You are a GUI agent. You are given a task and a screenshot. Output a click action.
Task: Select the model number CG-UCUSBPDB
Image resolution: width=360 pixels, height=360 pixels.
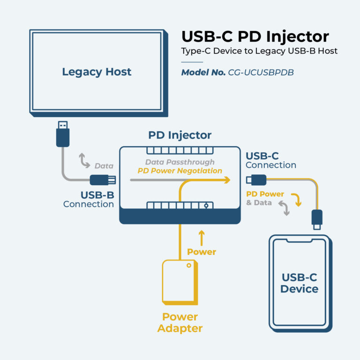click(x=261, y=73)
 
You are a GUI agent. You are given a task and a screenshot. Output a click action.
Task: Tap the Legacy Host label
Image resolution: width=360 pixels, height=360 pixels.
click(x=97, y=72)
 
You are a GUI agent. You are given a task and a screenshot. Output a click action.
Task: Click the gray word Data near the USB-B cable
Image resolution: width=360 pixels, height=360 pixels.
click(x=104, y=165)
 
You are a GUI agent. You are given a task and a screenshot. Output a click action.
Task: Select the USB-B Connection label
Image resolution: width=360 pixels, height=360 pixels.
click(x=89, y=199)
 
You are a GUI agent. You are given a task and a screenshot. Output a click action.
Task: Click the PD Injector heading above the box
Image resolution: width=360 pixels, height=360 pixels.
click(x=180, y=135)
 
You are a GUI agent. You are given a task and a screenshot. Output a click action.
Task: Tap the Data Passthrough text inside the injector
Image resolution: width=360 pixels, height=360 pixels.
click(x=180, y=162)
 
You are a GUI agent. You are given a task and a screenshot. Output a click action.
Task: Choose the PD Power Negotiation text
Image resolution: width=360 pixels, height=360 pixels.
click(x=180, y=171)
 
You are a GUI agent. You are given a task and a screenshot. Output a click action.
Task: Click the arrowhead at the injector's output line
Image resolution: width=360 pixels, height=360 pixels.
click(x=227, y=180)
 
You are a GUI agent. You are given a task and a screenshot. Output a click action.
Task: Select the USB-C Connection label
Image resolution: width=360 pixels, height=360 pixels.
click(x=270, y=160)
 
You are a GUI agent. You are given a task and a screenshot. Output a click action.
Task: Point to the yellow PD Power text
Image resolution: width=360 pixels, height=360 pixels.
click(x=265, y=194)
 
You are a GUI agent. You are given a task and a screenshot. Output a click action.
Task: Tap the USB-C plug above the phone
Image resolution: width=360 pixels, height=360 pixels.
click(x=317, y=219)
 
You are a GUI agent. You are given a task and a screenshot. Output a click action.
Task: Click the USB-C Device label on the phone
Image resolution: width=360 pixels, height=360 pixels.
click(x=299, y=283)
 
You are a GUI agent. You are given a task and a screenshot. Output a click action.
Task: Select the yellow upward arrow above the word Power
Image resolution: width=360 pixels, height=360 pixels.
click(x=202, y=238)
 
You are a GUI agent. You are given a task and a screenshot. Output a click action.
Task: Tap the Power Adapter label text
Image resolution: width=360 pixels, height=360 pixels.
click(x=180, y=322)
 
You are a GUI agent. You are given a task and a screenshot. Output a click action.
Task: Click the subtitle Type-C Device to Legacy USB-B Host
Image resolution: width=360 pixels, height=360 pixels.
click(x=259, y=51)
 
